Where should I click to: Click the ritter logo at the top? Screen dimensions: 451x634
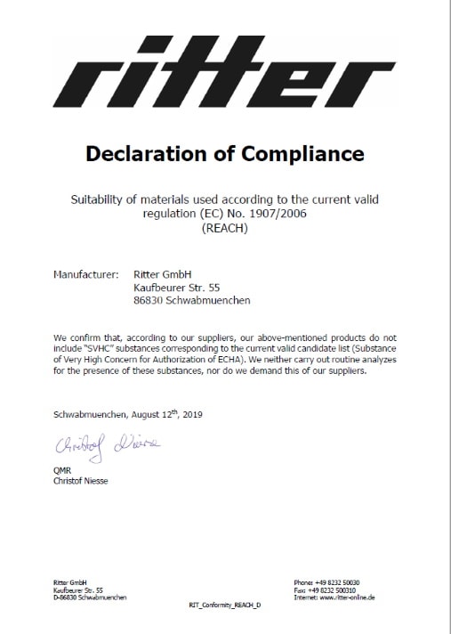point(226,72)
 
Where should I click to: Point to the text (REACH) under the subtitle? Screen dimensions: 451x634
point(225,228)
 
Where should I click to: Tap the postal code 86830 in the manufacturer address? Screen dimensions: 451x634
point(148,300)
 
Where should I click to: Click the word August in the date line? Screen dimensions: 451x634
point(133,415)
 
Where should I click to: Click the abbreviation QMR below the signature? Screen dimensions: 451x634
point(62,473)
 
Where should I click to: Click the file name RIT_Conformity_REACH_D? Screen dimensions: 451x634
point(225,605)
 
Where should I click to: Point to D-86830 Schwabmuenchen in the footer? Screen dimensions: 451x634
point(90,597)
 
